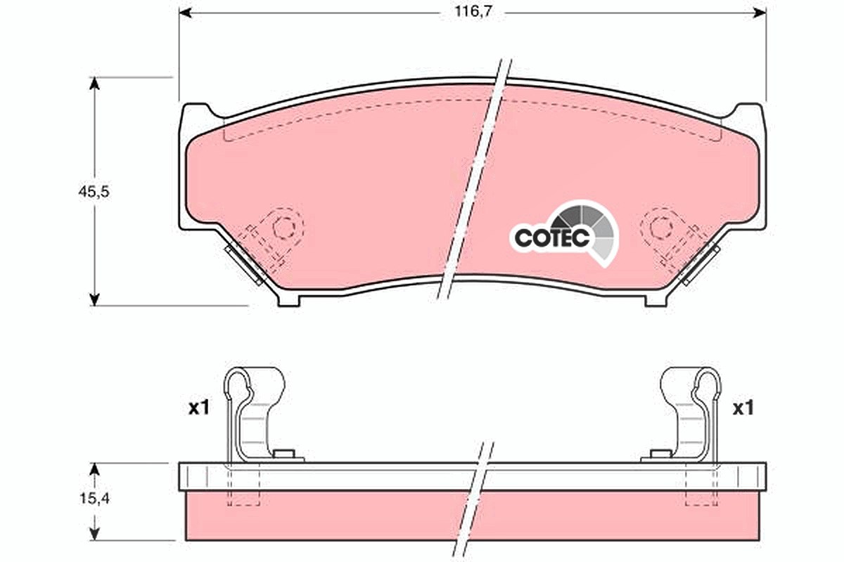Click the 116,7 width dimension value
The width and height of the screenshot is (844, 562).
pyautogui.click(x=473, y=12)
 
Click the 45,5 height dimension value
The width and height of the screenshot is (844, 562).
pyautogui.click(x=94, y=192)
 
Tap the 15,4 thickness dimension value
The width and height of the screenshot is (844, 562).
pyautogui.click(x=94, y=498)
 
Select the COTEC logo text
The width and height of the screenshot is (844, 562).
pyautogui.click(x=551, y=237)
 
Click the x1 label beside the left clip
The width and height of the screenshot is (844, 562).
pyautogui.click(x=198, y=407)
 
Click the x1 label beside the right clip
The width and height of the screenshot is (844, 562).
pyautogui.click(x=743, y=407)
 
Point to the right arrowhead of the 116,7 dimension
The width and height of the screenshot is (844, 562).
pyautogui.click(x=760, y=13)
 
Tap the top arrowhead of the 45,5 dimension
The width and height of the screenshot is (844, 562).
pyautogui.click(x=94, y=84)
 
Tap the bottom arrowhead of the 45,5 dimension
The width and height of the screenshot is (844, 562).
pyautogui.click(x=94, y=299)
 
